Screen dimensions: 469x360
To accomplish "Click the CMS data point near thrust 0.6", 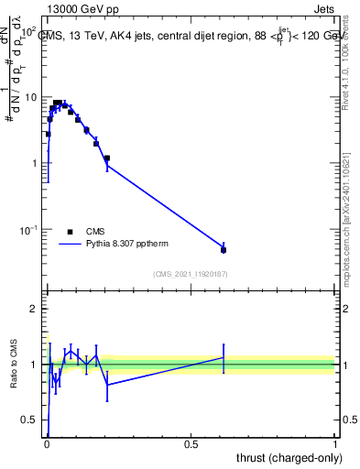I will tap(224, 249).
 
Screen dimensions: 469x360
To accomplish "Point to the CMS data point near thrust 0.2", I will tap(107, 158).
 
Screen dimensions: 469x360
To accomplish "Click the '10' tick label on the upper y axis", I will tap(30, 97).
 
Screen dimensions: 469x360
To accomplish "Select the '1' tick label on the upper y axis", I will tap(34, 163).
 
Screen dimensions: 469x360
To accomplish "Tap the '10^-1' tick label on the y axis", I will tap(27, 229).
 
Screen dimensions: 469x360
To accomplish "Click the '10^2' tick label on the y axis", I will tap(27, 31).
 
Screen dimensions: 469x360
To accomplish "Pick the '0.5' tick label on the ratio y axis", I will tap(29, 420).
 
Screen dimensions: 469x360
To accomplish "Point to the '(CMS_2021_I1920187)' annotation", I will tap(191, 273).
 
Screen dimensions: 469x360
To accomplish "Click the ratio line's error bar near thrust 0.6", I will tap(224, 357).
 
